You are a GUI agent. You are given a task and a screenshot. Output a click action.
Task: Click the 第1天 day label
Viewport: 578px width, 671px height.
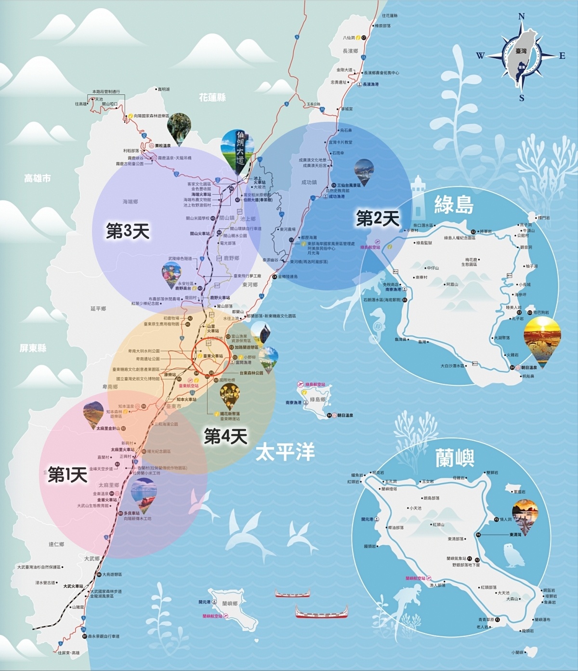click(67, 475)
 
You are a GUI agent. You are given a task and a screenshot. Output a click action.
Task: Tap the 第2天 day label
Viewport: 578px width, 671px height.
click(378, 219)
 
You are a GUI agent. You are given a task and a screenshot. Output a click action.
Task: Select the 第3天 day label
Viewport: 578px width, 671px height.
click(128, 231)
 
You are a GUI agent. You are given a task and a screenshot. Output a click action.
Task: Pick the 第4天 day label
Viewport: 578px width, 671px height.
click(225, 436)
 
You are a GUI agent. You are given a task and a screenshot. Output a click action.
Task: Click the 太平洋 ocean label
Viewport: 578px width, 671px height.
click(285, 452)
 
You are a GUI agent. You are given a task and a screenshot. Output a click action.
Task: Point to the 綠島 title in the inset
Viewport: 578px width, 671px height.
click(454, 205)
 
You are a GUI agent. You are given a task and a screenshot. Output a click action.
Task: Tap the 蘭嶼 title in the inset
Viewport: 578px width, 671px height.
click(455, 458)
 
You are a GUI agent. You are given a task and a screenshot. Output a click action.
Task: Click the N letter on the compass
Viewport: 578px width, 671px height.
click(521, 17)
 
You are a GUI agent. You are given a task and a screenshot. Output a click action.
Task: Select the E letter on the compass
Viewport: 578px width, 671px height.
click(562, 56)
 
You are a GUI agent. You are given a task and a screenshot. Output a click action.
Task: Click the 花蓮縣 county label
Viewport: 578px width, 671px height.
click(212, 98)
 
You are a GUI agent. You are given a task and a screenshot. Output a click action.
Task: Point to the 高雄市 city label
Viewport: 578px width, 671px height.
click(38, 178)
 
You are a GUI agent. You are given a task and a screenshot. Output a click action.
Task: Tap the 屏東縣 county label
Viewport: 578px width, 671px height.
click(33, 348)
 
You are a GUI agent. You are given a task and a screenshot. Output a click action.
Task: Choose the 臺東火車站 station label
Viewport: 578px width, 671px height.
click(212, 356)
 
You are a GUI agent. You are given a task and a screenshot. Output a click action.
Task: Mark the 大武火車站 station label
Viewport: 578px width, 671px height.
click(73, 586)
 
